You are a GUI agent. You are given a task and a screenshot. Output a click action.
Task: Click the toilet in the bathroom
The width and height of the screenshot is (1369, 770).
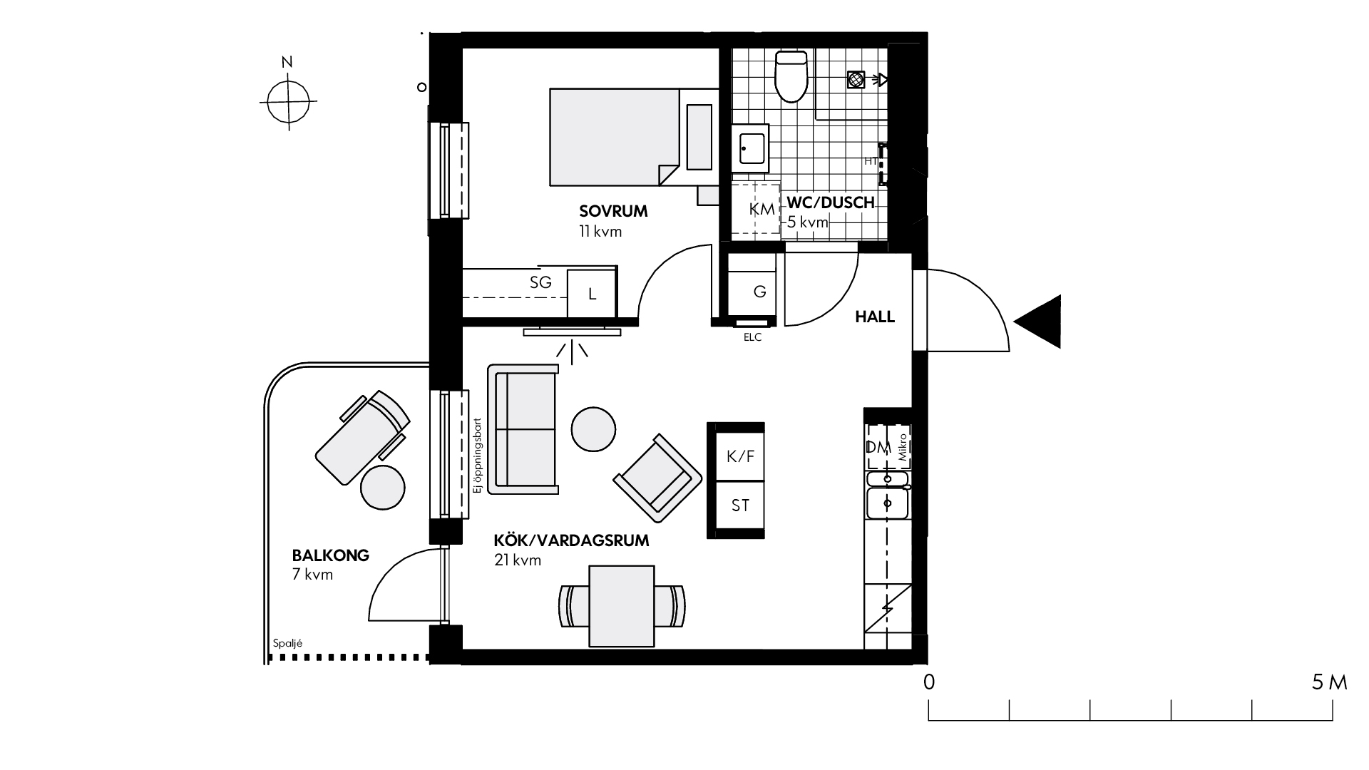791,76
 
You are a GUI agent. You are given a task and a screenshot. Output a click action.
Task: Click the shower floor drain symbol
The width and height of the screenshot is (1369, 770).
856,79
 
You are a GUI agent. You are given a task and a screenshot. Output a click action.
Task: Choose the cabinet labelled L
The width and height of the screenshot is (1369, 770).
591,294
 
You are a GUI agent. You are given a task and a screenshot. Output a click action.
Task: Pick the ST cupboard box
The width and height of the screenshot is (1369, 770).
739,506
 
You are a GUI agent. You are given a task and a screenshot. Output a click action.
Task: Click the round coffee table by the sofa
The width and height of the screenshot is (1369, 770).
593,428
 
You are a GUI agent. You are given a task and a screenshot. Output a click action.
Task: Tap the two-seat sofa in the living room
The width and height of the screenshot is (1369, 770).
523,429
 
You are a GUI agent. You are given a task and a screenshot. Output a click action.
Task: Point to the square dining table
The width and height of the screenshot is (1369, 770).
622,606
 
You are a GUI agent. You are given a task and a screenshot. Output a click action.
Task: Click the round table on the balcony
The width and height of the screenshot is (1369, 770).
383,487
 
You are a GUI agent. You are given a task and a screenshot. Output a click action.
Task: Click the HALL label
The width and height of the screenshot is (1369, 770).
875,317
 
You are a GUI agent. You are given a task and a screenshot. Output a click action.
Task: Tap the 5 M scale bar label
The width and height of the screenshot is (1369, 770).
1330,683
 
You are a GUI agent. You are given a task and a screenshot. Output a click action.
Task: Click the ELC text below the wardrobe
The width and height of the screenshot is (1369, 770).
752,338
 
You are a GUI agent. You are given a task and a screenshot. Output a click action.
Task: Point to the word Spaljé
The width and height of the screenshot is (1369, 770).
288,643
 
